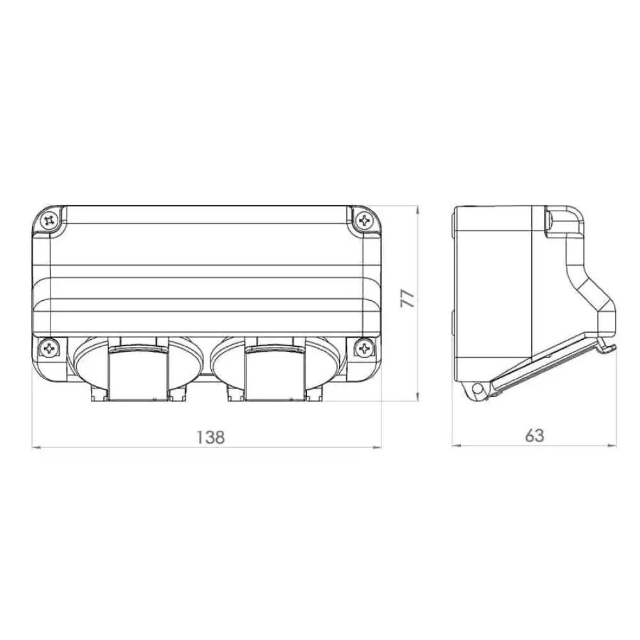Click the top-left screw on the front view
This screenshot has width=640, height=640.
coord(49,221)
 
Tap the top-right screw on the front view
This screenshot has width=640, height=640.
coord(364,221)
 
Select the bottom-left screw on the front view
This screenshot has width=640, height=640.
coord(49,348)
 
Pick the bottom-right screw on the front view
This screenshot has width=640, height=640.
coord(364,348)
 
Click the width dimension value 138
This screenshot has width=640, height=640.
coord(211,436)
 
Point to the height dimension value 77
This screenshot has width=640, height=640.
coord(408,298)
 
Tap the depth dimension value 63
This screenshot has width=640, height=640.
coord(534,435)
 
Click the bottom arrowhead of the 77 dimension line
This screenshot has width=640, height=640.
coord(417,398)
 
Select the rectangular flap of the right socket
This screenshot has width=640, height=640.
coord(276,374)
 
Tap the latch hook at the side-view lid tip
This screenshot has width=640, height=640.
coord(609,349)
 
